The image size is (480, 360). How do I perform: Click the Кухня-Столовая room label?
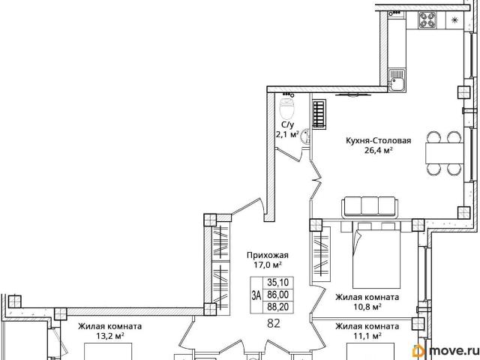click(378, 141)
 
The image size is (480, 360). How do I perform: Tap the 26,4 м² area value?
click(378, 150)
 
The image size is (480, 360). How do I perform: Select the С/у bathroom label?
click(287, 124)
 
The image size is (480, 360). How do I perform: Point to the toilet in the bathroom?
click(287, 108)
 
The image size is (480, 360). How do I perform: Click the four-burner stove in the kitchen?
click(427, 19)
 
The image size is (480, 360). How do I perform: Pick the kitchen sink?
click(397, 79)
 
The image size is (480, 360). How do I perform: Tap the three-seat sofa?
click(370, 207)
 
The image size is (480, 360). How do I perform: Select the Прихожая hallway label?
click(268, 255)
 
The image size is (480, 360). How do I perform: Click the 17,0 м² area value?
click(268, 265)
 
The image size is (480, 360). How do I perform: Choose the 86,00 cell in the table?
click(278, 295)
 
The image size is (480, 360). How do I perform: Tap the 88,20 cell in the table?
click(278, 307)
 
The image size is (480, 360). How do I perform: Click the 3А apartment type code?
click(256, 295)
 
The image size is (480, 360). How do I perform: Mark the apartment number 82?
click(274, 323)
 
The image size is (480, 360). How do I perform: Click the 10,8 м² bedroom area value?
click(367, 307)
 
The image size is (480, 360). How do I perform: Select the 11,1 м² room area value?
click(367, 336)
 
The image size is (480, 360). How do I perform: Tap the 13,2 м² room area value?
click(110, 336)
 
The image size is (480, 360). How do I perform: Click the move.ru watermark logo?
click(445, 350)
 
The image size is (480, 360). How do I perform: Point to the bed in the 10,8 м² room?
click(376, 255)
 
